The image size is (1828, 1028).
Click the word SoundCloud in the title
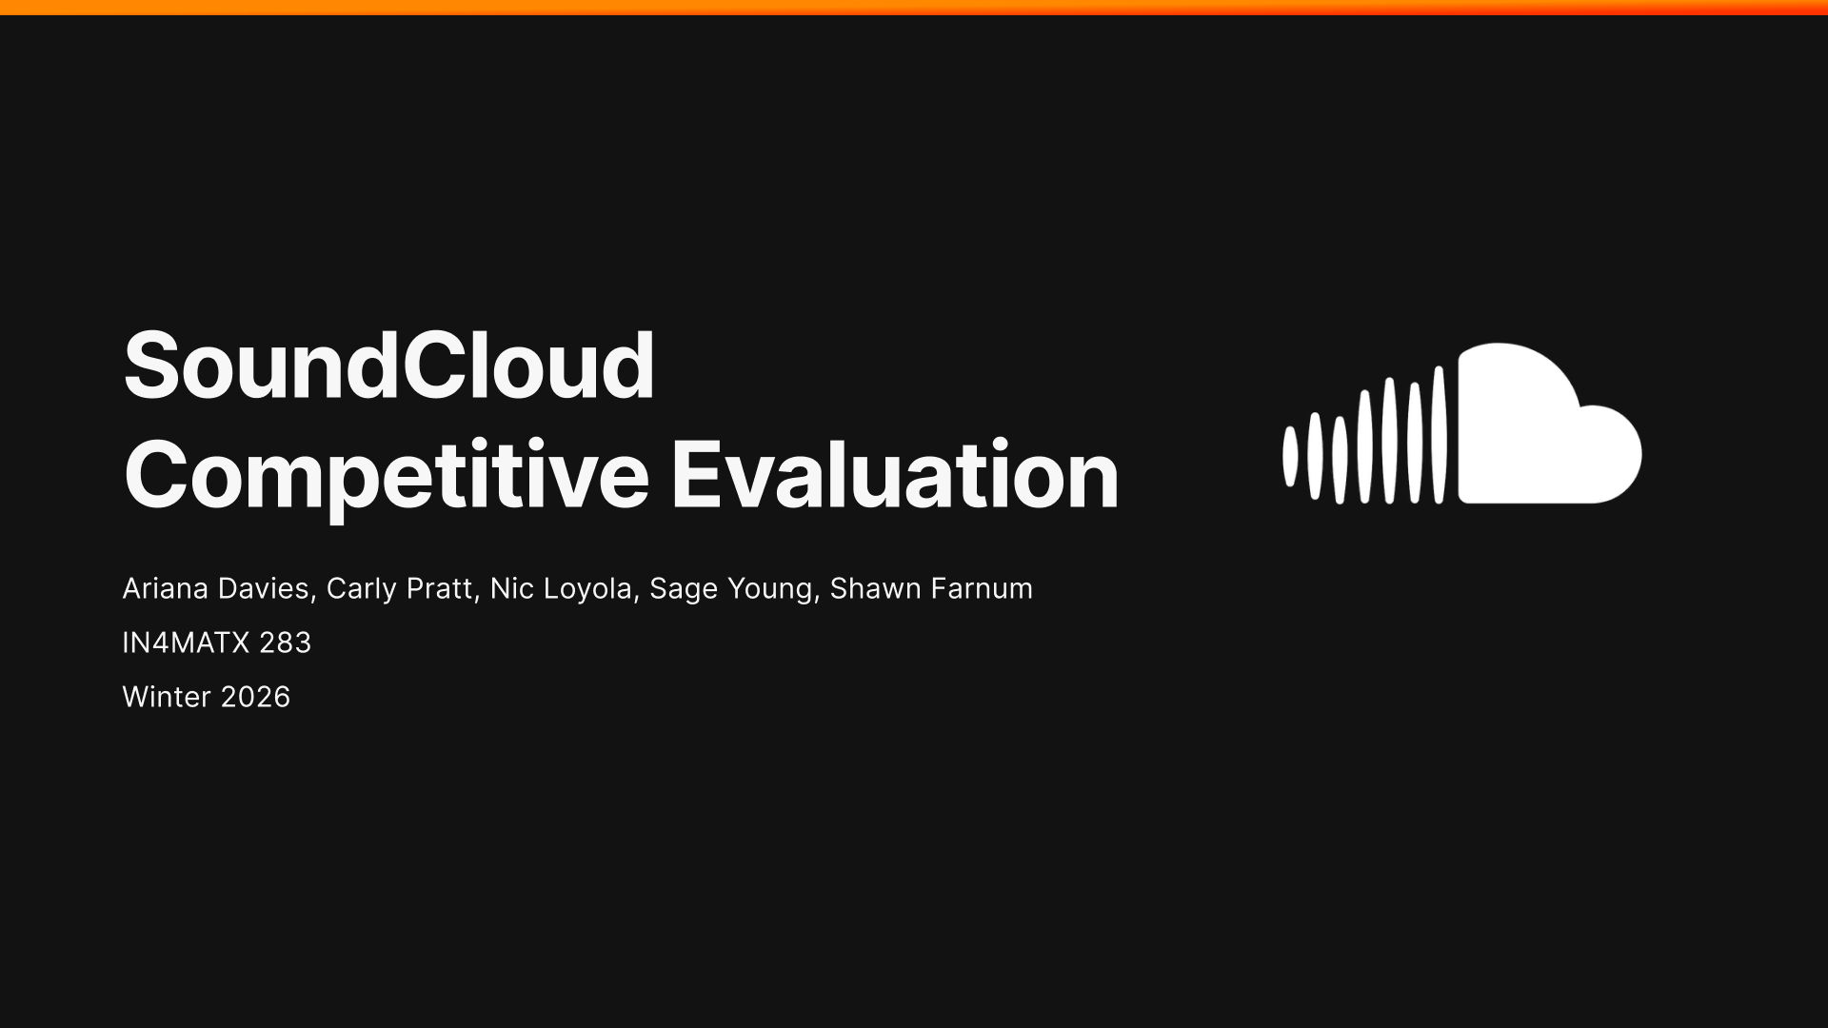(x=389, y=366)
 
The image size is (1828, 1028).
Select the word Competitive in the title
(x=387, y=477)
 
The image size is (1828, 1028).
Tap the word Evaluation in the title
(x=895, y=475)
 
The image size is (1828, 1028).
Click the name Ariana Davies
(x=216, y=589)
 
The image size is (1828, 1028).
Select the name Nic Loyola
(x=561, y=589)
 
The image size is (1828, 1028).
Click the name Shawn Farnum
(x=931, y=588)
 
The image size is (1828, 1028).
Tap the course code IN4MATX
(x=186, y=643)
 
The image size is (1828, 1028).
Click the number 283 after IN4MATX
(x=285, y=643)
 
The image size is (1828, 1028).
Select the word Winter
(x=167, y=697)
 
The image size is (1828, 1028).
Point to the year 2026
(x=254, y=697)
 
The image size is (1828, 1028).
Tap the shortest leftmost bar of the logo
(x=1290, y=457)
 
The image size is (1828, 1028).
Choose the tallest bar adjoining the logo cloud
(x=1440, y=435)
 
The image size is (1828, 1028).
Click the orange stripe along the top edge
(x=914, y=8)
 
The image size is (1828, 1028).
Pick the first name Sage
(x=683, y=590)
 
